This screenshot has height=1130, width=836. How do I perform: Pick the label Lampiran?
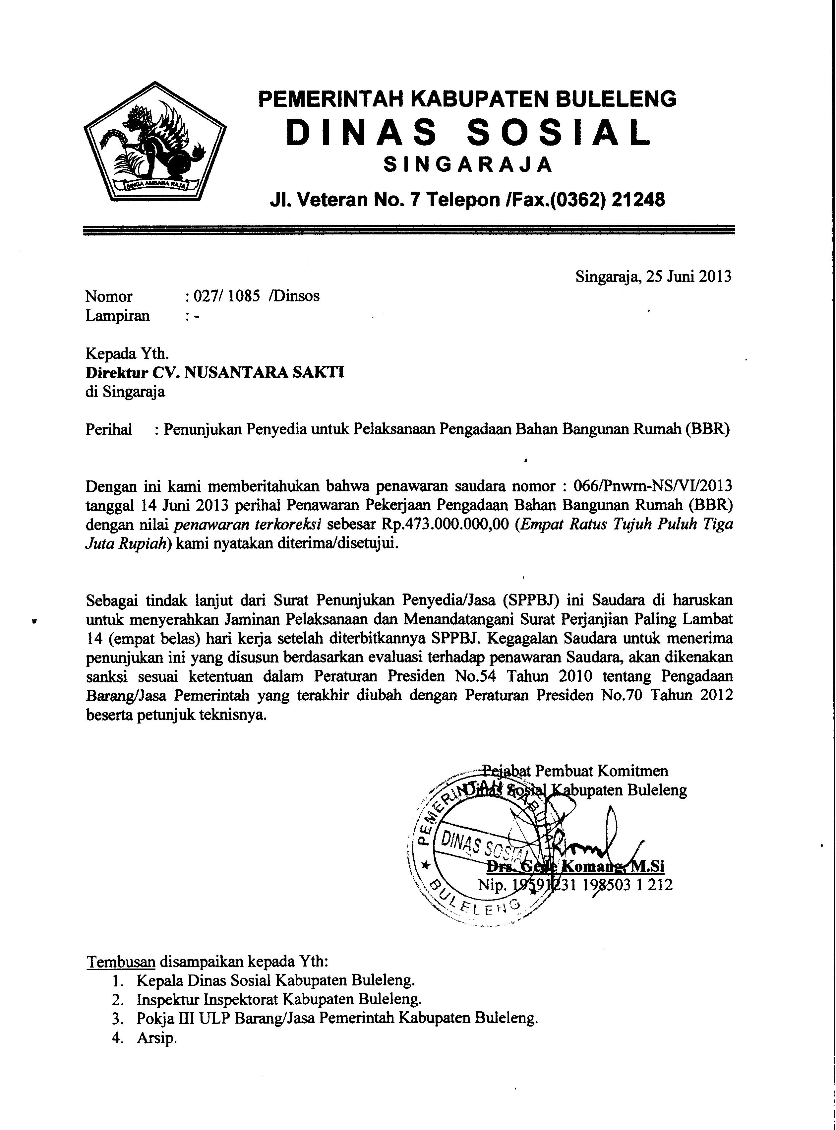(117, 316)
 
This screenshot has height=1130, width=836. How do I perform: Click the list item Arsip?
(156, 1038)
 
